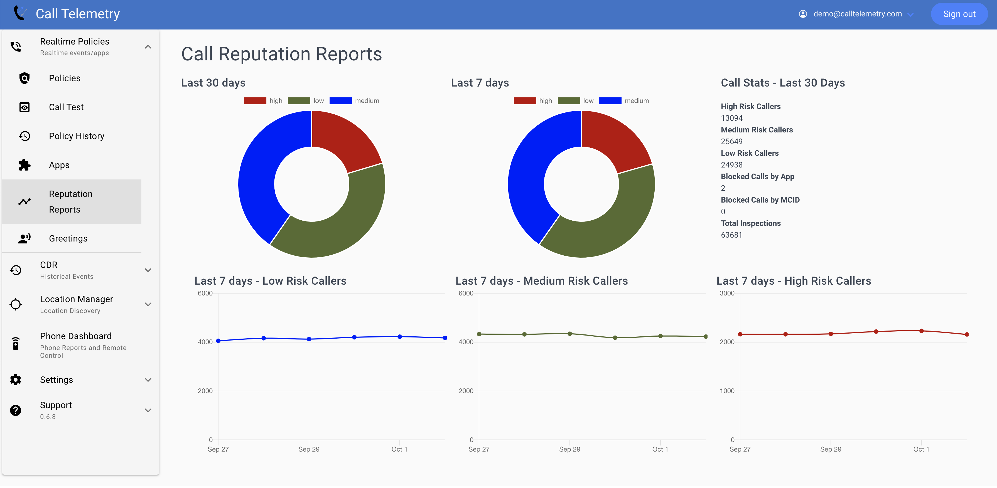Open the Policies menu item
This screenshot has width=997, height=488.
coord(65,78)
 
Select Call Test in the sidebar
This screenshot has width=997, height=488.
coord(66,107)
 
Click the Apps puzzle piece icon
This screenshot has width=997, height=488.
coord(24,165)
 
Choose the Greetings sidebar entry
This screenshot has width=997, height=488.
coord(68,238)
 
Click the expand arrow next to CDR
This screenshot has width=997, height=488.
coord(148,270)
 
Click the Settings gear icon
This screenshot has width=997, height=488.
coord(16,380)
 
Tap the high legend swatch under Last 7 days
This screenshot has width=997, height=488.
coord(524,101)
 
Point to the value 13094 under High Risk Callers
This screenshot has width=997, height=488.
coord(731,118)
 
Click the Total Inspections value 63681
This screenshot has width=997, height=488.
coord(731,235)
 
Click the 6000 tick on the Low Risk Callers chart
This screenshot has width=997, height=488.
coord(205,293)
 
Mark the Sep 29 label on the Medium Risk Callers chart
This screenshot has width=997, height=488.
coord(569,449)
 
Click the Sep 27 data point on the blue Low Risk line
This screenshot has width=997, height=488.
coord(218,341)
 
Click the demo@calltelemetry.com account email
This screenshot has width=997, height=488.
coord(857,14)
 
